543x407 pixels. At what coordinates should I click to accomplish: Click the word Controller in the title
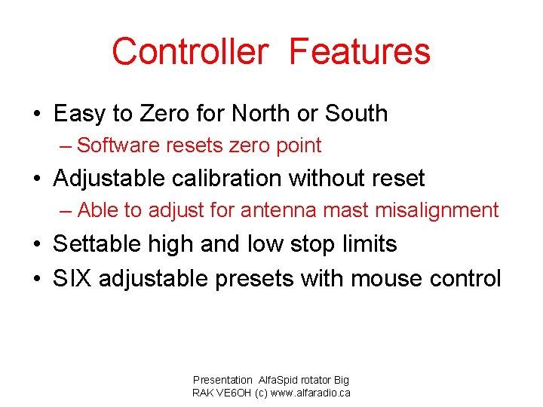[x=189, y=52]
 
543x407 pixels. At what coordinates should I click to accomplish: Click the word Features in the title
[x=360, y=52]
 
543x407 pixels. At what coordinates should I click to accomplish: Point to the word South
[x=356, y=114]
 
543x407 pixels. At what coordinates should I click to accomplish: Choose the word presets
[x=255, y=279]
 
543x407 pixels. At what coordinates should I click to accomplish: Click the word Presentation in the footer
[x=222, y=381]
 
